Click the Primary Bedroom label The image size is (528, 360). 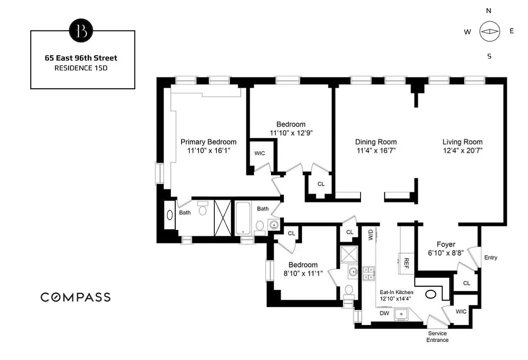pyautogui.click(x=208, y=142)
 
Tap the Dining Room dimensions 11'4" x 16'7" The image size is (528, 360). pyautogui.click(x=376, y=151)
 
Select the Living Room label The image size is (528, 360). pyautogui.click(x=462, y=142)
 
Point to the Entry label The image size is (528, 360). pyautogui.click(x=491, y=257)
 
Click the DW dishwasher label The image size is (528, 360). pyautogui.click(x=384, y=313)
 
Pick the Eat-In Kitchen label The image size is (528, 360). pyautogui.click(x=396, y=292)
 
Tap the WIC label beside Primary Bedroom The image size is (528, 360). pyautogui.click(x=260, y=153)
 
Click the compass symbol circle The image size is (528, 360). pyautogui.click(x=490, y=31)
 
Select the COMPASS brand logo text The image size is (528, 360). pyautogui.click(x=76, y=297)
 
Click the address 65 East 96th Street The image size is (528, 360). pyautogui.click(x=81, y=58)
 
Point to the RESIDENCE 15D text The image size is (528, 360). pyautogui.click(x=81, y=68)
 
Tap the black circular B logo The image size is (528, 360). pyautogui.click(x=81, y=30)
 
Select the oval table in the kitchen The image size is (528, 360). pyautogui.click(x=430, y=295)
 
